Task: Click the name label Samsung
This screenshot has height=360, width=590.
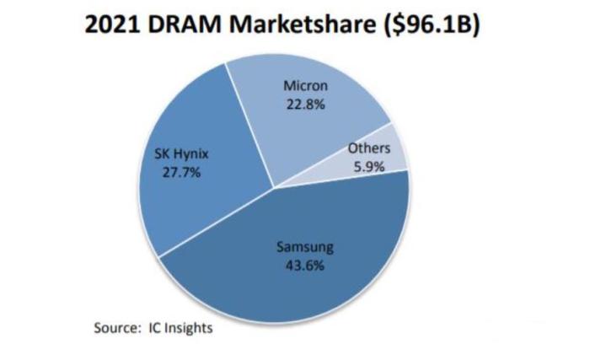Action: coord(305,248)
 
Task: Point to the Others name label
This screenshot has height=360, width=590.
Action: coord(368,149)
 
